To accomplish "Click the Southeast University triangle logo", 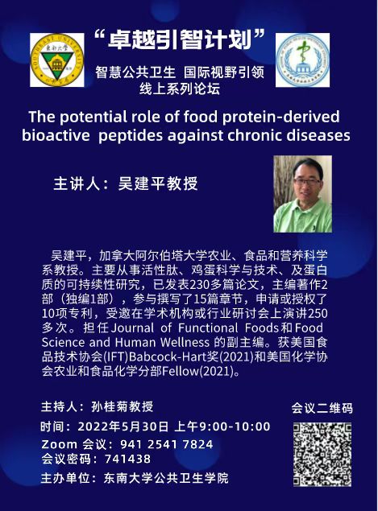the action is click(57, 60).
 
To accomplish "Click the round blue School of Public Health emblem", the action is click(302, 60).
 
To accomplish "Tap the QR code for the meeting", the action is click(322, 454).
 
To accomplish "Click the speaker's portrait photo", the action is click(302, 194).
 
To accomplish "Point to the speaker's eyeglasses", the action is click(307, 181).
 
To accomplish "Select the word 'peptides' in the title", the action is click(131, 136).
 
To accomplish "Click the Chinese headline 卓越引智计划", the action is click(179, 40).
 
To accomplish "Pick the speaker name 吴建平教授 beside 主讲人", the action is click(158, 183).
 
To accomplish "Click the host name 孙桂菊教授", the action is click(122, 406).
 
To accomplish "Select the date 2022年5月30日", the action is click(123, 427).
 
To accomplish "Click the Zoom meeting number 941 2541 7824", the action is click(167, 444).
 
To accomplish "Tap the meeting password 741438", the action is click(127, 459).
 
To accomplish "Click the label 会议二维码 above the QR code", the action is click(322, 408).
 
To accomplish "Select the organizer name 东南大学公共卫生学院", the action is click(166, 478).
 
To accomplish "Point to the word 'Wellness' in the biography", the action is click(185, 342).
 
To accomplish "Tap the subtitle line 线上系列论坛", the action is click(180, 89).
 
